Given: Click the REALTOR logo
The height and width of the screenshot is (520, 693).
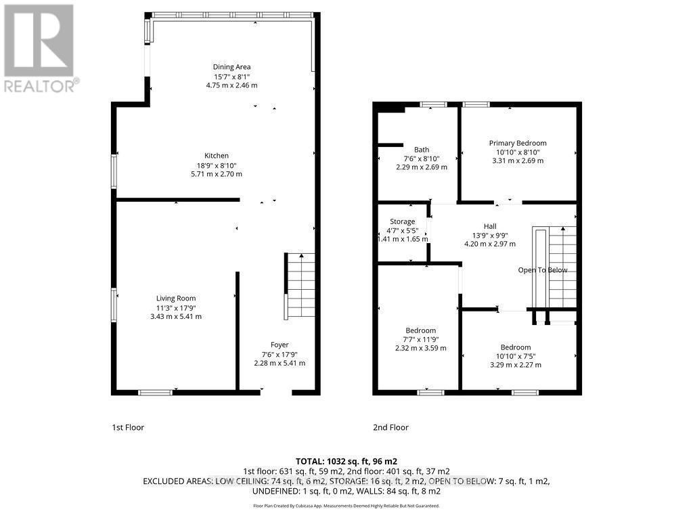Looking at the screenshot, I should coord(39,47).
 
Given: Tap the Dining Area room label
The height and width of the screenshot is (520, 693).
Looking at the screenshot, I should coord(232,67).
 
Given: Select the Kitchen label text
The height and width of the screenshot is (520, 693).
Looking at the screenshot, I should coord(217,156).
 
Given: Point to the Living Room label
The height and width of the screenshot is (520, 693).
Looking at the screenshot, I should coord(176,299).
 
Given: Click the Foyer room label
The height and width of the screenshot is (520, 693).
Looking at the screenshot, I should coord(280,345).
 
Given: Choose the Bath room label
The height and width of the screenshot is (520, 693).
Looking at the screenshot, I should coord(422,150).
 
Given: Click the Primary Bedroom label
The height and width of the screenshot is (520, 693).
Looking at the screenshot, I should coord(518,143).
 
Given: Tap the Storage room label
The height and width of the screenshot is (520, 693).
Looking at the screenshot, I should coord(402,221).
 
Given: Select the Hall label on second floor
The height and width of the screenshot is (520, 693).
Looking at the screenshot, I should coord(489,226).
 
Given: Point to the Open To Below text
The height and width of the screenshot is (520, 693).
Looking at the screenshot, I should coord(543,270).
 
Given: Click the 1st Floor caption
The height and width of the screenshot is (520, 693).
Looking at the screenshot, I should coord(128,427).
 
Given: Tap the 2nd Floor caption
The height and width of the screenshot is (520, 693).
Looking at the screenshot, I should coord(390,427).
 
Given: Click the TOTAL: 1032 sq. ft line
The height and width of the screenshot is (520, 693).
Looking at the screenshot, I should coord(346,460).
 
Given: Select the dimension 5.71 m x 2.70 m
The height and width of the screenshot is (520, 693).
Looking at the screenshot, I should coord(217,174).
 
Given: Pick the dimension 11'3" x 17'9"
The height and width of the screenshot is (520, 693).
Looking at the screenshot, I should coord(176,307).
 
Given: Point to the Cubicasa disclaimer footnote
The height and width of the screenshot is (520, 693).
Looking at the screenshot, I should coord(346,506).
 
